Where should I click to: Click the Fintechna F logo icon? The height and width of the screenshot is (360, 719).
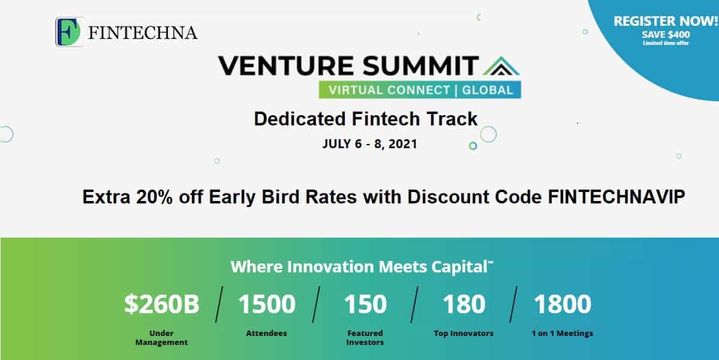click(70, 32)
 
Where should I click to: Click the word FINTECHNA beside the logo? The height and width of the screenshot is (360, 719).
click(143, 32)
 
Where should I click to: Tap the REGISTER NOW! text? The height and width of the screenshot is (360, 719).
click(666, 21)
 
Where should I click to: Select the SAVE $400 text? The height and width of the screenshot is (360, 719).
click(666, 34)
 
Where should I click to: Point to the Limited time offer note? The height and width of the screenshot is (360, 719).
click(666, 43)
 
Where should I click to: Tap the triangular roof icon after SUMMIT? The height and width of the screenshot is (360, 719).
click(502, 66)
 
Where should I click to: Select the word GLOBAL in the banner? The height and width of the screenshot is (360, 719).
click(488, 90)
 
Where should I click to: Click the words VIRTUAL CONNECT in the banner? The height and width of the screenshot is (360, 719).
click(387, 90)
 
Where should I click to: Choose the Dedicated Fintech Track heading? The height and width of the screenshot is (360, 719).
click(365, 119)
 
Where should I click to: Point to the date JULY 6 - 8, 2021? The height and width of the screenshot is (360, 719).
click(369, 144)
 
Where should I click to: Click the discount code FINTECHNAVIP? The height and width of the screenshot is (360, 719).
click(616, 197)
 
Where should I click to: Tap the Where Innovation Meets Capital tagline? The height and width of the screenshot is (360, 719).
click(362, 266)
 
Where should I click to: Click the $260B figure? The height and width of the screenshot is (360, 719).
click(161, 305)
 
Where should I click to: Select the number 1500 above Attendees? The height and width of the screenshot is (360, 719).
click(267, 305)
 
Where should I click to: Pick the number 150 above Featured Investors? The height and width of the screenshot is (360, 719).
click(365, 305)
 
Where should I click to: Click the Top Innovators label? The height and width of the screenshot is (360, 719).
click(464, 334)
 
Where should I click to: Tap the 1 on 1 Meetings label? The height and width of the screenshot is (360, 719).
click(562, 334)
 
